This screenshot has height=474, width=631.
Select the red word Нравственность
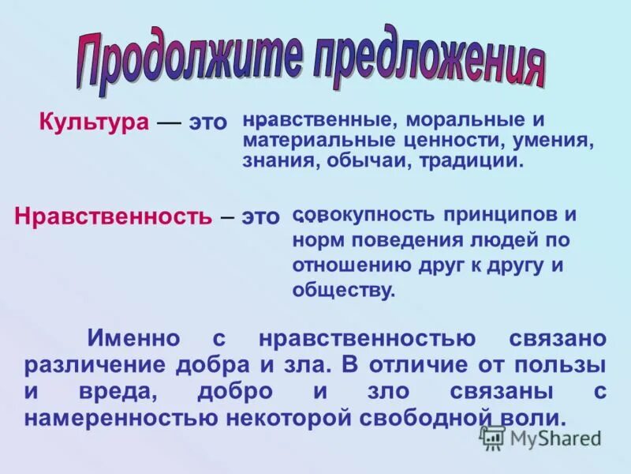[x=113, y=216]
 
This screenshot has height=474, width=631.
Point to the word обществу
[x=343, y=290]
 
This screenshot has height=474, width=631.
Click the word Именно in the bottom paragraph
[x=133, y=339]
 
